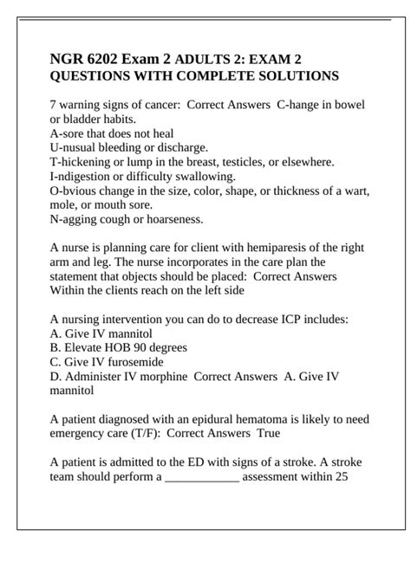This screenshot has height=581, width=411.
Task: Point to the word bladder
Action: pyautogui.click(x=83, y=119)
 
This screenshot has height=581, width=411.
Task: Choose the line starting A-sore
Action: pyautogui.click(x=112, y=133)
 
